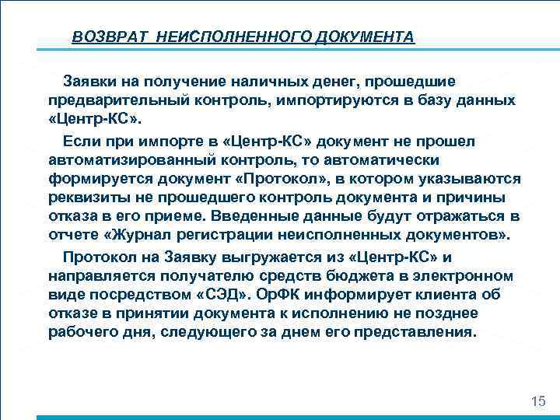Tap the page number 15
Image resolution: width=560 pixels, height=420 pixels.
click(x=537, y=401)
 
